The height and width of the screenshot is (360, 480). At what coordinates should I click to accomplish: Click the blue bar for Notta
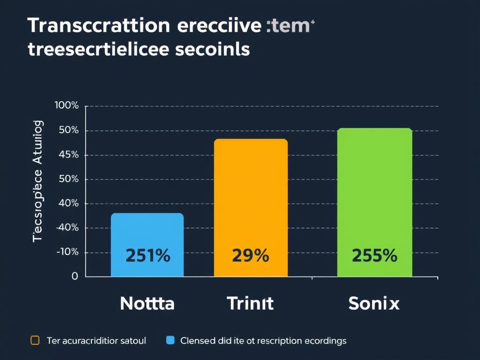coord(147,234)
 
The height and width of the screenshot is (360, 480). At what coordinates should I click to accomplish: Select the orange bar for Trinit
coord(251,197)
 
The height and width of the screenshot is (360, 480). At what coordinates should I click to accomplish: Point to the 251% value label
coord(148,256)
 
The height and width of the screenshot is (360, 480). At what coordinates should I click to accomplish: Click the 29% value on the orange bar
coord(251,256)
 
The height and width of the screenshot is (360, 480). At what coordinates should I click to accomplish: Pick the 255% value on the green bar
coord(375,256)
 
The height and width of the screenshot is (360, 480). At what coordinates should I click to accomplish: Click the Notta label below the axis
coord(147,304)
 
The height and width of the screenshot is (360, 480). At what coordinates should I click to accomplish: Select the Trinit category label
coord(250,304)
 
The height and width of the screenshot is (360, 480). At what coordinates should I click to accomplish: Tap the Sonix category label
coord(374,304)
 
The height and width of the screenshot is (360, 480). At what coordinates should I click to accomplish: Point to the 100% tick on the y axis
coord(67,105)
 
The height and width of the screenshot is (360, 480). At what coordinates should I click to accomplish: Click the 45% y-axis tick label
coord(69,155)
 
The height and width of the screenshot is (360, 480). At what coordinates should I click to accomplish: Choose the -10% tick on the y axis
coord(67,252)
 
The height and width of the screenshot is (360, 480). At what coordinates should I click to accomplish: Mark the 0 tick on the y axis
coord(75,276)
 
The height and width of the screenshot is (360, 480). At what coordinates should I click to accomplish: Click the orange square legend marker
coord(35,340)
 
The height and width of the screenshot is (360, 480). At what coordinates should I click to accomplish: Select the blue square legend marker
coord(170,340)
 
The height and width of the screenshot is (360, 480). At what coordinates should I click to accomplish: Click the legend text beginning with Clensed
coord(263,341)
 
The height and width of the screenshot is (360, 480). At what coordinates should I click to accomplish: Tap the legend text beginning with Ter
coord(97,341)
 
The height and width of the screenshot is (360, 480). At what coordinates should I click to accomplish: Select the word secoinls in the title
coord(213,49)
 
